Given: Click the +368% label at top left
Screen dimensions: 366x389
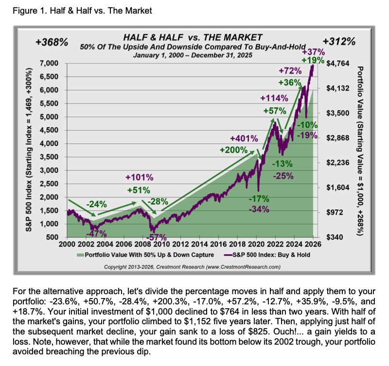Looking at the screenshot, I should coord(52,42).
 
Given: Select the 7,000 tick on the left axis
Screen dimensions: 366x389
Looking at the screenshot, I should coord(49,64).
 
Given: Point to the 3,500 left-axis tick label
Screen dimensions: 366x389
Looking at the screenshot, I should coord(49,157).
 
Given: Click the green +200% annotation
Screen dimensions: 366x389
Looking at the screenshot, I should coord(233,150).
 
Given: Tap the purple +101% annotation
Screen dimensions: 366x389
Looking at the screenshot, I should coord(140,177).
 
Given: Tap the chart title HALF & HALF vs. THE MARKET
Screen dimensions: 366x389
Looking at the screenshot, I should coord(193,37).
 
